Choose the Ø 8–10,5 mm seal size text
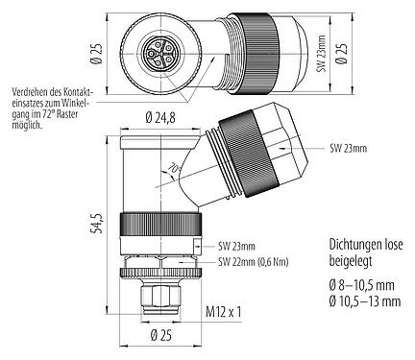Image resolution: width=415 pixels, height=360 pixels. point(335,285)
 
